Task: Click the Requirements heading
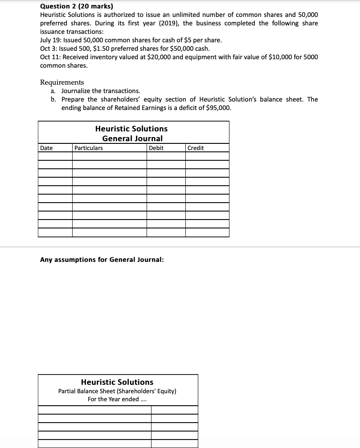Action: [62, 82]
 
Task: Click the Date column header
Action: [46, 148]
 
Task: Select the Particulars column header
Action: [88, 148]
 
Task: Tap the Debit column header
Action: [156, 148]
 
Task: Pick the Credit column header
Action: [196, 148]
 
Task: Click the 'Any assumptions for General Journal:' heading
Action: [102, 259]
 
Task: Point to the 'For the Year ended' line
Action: [117, 399]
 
